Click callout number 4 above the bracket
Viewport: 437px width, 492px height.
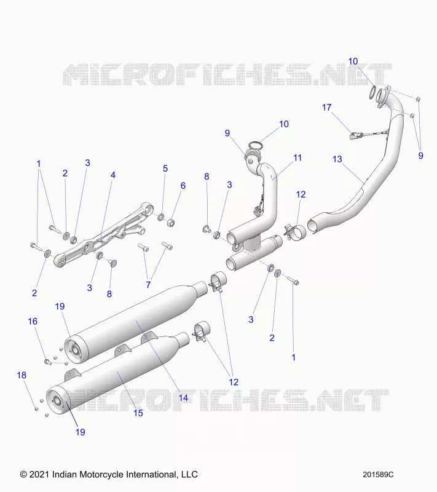point(113,175)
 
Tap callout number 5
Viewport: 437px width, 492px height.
point(165,169)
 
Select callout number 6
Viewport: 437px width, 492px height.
point(183,186)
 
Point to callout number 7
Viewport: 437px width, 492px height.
point(148,285)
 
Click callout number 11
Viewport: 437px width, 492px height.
point(297,157)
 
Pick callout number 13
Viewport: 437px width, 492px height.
point(337,159)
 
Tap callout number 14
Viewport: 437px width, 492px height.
point(183,398)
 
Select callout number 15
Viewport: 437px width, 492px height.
point(138,413)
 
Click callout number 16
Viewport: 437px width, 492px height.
point(33,321)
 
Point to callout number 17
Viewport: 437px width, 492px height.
point(326,107)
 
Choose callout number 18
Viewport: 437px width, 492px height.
point(22,375)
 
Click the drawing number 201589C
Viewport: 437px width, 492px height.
point(378,475)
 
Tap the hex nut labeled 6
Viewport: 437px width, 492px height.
point(171,223)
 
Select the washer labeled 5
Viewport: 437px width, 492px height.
point(161,216)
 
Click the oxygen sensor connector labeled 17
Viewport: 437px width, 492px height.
point(353,135)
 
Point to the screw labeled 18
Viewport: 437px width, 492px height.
point(36,408)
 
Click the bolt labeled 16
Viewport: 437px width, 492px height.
point(48,362)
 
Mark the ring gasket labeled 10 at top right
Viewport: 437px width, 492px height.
point(372,92)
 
